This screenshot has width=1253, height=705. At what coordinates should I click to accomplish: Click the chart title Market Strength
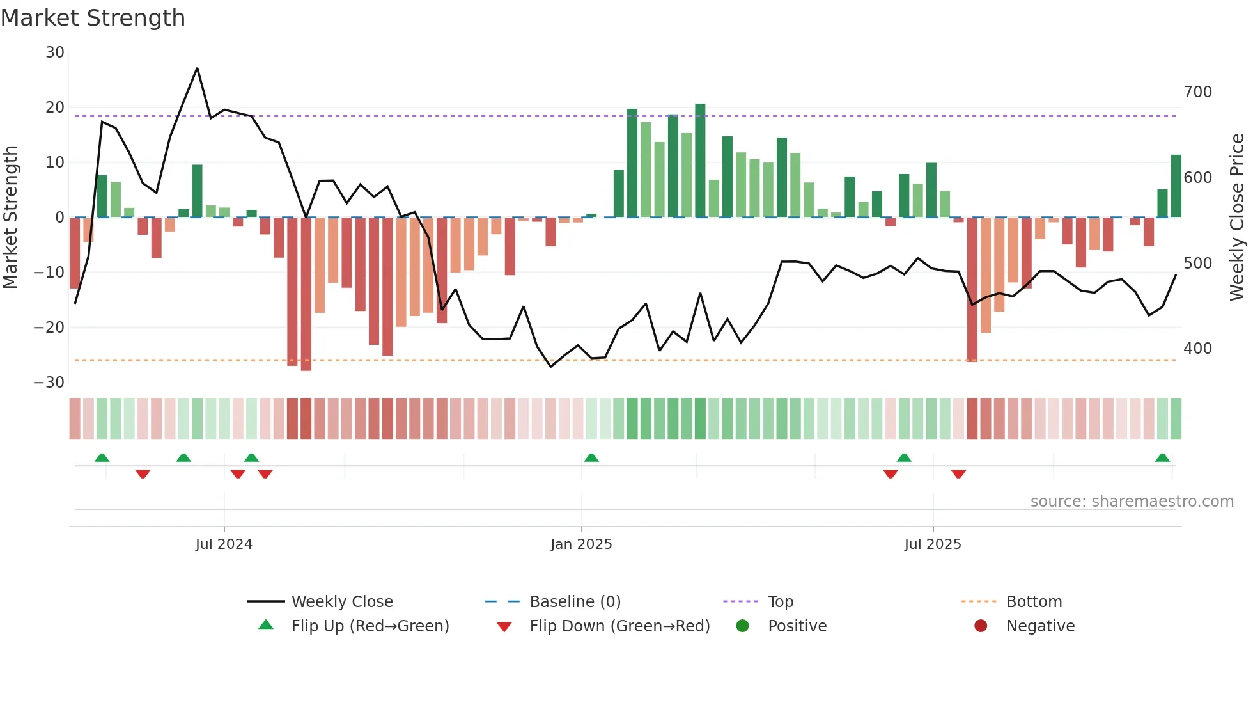click(x=93, y=18)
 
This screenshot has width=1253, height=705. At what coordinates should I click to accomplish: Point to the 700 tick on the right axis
click(x=1197, y=92)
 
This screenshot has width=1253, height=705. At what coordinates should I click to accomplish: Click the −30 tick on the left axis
click(x=49, y=383)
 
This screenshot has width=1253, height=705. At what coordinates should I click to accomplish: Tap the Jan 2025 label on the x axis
click(x=581, y=544)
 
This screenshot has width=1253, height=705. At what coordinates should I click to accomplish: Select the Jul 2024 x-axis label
click(x=224, y=544)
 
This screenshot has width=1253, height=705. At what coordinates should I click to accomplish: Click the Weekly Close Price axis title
click(x=1237, y=218)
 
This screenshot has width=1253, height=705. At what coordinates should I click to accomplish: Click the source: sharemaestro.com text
click(x=1132, y=502)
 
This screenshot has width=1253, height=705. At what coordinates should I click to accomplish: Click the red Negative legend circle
click(x=981, y=626)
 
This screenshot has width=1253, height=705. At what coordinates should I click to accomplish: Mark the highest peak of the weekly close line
click(x=197, y=68)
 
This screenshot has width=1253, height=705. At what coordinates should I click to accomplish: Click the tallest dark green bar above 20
click(x=700, y=160)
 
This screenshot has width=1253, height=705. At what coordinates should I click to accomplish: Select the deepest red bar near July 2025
click(x=972, y=289)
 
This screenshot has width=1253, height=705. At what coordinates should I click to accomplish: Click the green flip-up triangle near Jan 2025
click(x=591, y=458)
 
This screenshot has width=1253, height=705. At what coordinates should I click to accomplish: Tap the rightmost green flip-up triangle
click(x=1162, y=458)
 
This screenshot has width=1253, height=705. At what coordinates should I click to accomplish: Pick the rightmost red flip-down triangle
click(x=958, y=474)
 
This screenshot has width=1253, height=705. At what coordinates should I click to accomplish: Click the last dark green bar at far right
click(x=1176, y=186)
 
